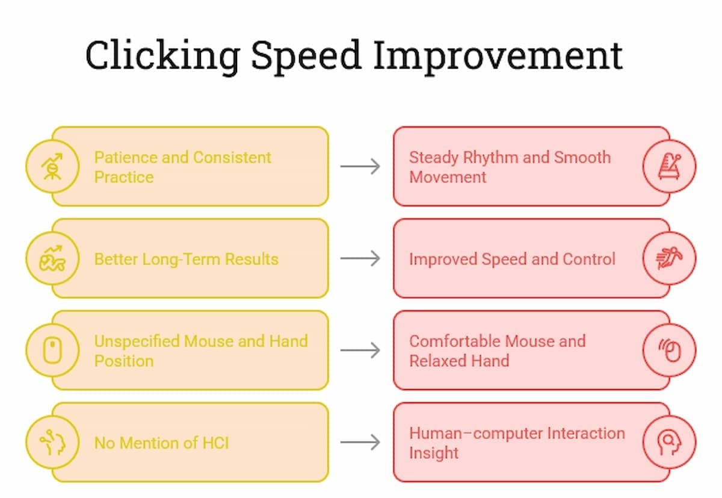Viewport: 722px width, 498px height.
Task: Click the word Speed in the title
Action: [x=306, y=55]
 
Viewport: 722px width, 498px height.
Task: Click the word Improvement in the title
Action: [x=498, y=55]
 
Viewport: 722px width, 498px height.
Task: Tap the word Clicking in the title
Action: [x=162, y=55]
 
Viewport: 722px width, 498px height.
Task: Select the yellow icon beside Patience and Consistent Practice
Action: [x=52, y=166]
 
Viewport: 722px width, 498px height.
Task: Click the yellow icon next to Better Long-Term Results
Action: [x=52, y=258]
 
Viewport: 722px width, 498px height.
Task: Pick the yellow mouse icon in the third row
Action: [x=52, y=350]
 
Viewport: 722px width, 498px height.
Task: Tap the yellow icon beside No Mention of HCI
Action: [x=52, y=443]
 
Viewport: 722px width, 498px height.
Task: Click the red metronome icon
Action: [x=669, y=166]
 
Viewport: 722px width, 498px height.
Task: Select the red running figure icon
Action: [x=669, y=258]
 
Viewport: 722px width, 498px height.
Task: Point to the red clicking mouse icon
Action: [x=669, y=350]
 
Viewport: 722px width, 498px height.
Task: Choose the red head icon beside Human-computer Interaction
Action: [x=669, y=443]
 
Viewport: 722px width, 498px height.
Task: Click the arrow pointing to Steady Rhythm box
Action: [x=360, y=166]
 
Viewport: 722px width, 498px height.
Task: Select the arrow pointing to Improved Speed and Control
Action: [x=360, y=258]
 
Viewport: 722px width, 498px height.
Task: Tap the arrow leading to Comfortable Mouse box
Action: [x=360, y=350]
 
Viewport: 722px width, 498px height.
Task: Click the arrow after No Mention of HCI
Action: [x=360, y=443]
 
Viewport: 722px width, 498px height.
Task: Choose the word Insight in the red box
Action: [x=434, y=453]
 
